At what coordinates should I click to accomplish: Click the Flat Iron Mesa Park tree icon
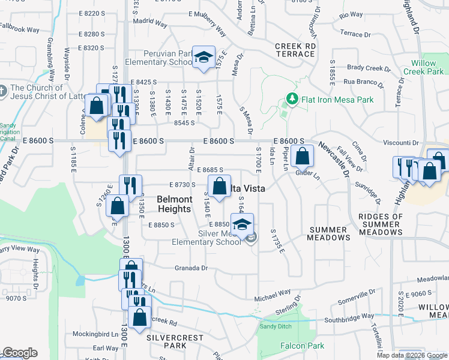pyautogui.click(x=292, y=98)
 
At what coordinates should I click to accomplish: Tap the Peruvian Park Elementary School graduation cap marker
pyautogui.click(x=204, y=57)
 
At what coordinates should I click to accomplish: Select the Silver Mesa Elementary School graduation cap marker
pyautogui.click(x=242, y=225)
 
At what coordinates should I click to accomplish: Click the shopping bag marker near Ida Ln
pyautogui.click(x=304, y=156)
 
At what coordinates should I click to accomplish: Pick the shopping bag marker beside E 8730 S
pyautogui.click(x=219, y=185)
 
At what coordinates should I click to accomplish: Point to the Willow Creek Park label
pyautogui.click(x=427, y=67)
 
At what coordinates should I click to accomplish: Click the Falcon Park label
pyautogui.click(x=302, y=346)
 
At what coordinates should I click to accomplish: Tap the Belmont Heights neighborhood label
pyautogui.click(x=175, y=204)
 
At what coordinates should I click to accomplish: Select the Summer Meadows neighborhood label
pyautogui.click(x=328, y=233)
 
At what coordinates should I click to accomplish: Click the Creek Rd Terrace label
pyautogui.click(x=295, y=50)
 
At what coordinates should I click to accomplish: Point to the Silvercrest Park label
pyautogui.click(x=175, y=341)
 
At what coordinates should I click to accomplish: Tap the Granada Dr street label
pyautogui.click(x=191, y=268)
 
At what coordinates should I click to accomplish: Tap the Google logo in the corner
pyautogui.click(x=20, y=353)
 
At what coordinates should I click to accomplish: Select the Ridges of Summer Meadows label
pyautogui.click(x=381, y=220)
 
